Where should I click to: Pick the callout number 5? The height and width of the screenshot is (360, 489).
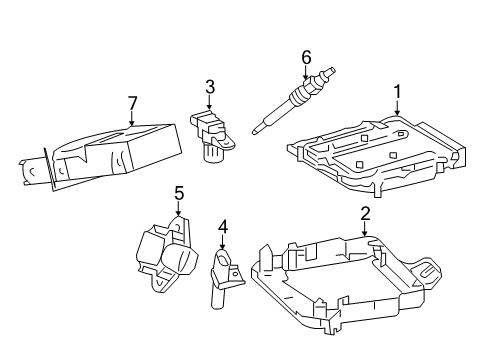pos(179,192)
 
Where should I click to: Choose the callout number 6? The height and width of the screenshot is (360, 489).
pos(307,58)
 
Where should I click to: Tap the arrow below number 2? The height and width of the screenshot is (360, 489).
pos(366,231)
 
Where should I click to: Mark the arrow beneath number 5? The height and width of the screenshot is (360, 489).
pos(179,210)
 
